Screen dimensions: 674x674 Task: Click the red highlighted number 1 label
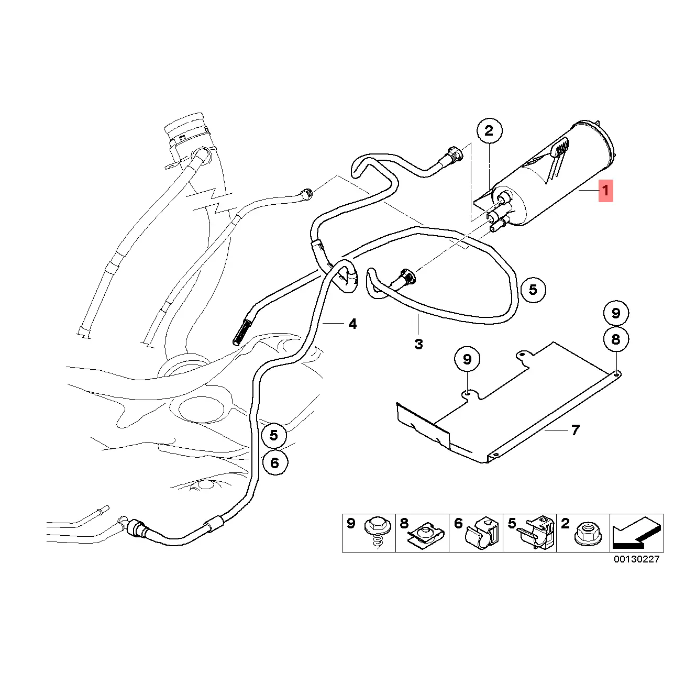pos(605,191)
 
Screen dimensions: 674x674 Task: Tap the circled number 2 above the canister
pos(489,131)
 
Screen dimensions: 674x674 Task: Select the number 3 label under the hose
pos(418,344)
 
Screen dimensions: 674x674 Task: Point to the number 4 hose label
pos(352,324)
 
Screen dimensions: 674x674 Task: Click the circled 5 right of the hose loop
pos(533,290)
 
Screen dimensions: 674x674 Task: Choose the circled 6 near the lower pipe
pos(275,462)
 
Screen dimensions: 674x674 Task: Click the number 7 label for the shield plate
pos(575,430)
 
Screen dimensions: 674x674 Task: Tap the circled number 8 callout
pos(615,339)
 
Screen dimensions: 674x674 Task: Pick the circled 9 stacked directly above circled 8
pos(615,313)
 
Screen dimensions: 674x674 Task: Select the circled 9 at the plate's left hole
pos(467,359)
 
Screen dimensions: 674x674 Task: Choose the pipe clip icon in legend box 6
pos(484,533)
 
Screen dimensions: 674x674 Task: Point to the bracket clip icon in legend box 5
pos(537,532)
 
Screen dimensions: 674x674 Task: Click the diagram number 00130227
pos(637,559)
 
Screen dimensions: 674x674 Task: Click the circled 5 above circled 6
pos(274,435)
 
